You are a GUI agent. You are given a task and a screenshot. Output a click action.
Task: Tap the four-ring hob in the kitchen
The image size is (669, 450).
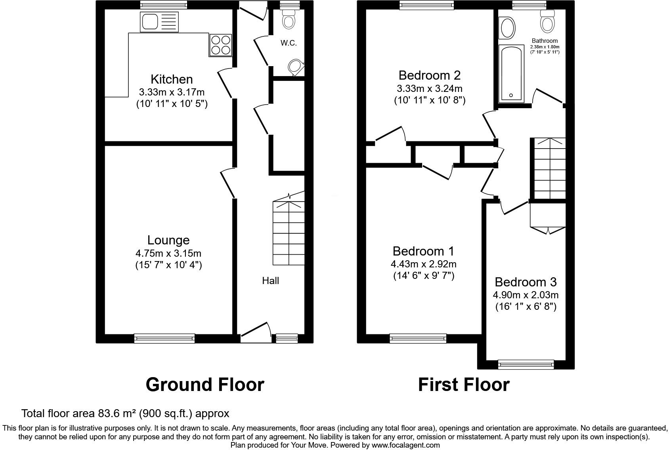221,45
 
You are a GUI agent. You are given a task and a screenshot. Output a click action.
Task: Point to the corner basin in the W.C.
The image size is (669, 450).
296,67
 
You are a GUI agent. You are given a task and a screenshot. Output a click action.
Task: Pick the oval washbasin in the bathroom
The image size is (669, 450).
508,27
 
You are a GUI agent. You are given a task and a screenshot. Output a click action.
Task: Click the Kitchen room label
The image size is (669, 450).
172,79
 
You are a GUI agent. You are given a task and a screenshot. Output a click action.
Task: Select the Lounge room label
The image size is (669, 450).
168,240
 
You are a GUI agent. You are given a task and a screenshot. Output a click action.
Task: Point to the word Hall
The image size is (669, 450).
270,281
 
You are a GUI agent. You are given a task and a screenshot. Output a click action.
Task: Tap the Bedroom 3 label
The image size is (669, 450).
526,282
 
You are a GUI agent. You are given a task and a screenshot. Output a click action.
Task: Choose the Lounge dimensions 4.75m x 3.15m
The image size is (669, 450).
168,253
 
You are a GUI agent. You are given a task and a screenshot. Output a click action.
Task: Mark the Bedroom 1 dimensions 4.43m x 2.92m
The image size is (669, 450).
424,264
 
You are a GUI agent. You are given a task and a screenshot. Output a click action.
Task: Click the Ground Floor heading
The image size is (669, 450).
205,385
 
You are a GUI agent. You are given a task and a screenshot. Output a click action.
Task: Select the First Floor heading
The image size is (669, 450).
464,385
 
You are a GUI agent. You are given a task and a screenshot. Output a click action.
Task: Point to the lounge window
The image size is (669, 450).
164,338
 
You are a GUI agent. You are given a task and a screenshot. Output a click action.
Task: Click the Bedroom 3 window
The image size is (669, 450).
526,364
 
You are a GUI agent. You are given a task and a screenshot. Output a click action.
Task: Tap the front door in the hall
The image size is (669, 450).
256,333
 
